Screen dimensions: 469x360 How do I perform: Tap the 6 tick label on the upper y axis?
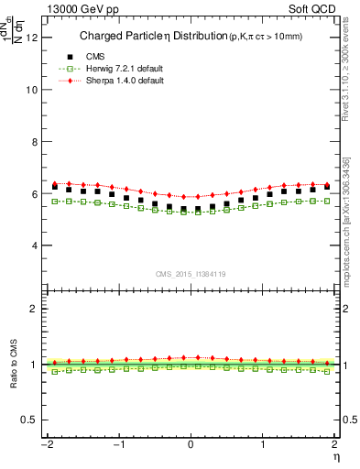tap(36, 194)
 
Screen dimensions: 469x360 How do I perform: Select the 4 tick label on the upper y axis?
tap(36, 246)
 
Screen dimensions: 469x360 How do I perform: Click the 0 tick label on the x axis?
tap(191, 444)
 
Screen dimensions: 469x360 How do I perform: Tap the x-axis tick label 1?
tap(265, 444)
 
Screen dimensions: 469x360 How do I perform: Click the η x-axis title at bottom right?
tap(336, 456)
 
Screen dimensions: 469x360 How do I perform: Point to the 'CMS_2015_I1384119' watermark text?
tap(191, 273)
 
